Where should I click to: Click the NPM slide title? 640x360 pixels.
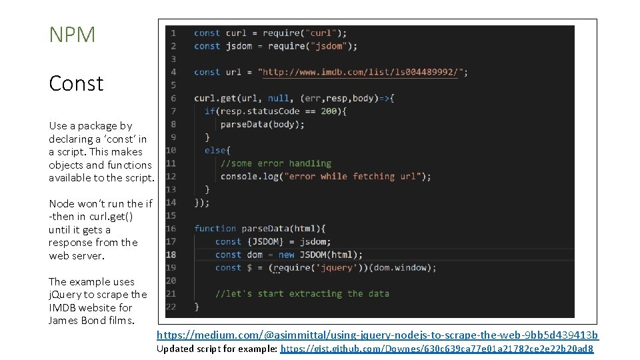click(72, 35)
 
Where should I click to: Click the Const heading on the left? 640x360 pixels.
click(76, 83)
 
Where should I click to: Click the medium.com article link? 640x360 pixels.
click(377, 335)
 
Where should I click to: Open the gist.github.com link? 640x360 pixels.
click(437, 349)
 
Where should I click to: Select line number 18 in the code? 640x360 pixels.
click(171, 255)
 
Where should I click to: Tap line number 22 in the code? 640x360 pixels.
click(171, 307)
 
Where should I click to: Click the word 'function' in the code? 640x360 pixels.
click(215, 229)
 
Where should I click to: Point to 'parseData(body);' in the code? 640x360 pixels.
click(262, 124)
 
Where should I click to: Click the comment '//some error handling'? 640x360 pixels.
click(275, 163)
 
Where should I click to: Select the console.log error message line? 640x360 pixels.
click(325, 177)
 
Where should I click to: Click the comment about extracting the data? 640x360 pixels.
click(302, 293)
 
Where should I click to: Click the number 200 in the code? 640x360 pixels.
click(330, 111)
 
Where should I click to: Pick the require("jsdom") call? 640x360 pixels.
click(312, 46)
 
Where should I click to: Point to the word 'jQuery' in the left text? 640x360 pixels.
click(64, 295)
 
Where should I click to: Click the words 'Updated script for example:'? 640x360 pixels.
click(217, 349)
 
